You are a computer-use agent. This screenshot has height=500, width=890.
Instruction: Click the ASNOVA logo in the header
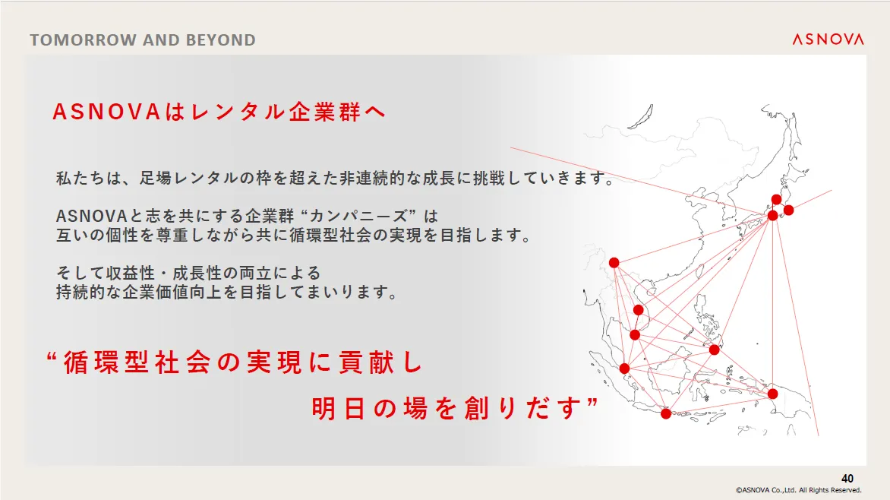coord(828,40)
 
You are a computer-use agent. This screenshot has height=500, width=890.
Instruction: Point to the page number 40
coord(847,479)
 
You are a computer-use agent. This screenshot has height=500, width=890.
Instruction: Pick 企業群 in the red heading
coord(325,112)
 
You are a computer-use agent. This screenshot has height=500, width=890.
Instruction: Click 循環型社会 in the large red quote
coord(137,362)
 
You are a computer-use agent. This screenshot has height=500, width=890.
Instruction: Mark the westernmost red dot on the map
coord(614,262)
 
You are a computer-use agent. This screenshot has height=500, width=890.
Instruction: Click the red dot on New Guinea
coord(772,394)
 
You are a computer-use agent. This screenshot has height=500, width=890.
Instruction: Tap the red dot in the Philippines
coord(714,350)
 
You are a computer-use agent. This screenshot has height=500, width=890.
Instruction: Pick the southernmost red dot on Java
coord(666,413)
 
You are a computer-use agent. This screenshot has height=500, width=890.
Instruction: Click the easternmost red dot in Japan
coord(788,210)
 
